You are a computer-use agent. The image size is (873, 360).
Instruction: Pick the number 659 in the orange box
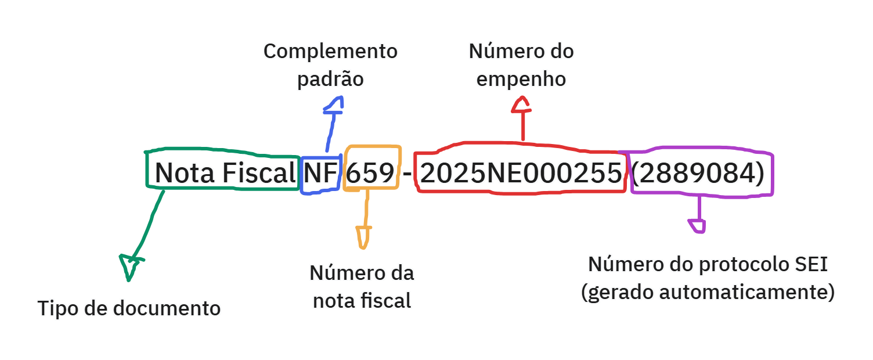pos(370,173)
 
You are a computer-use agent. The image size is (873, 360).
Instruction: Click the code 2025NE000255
pos(521,173)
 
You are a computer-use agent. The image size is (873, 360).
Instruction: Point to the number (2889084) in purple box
pos(698,173)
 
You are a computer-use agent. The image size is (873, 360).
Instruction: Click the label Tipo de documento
pos(129,308)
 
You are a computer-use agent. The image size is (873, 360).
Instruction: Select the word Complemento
pos(331,51)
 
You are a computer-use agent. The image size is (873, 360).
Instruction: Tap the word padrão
pos(330,78)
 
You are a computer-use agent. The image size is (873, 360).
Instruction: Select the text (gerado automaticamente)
pos(708,292)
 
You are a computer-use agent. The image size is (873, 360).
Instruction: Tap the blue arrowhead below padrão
pos(334,105)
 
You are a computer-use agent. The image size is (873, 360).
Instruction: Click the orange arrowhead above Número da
pos(363,236)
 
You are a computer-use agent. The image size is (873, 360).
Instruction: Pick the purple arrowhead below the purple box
pos(698,225)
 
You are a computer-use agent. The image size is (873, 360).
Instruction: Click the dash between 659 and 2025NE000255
pos(407,173)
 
